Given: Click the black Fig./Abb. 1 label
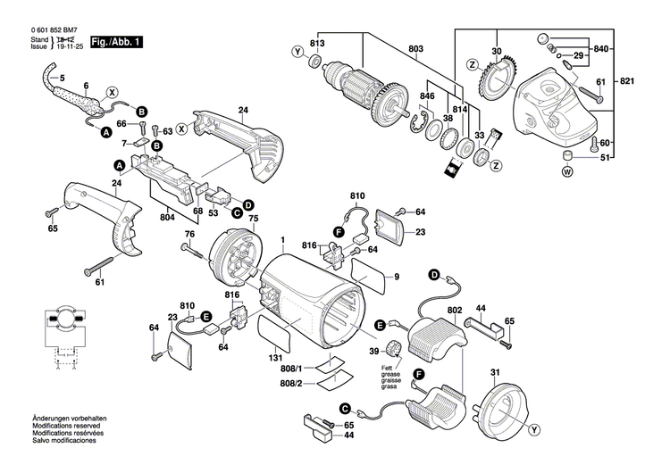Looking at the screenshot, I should coord(115,42).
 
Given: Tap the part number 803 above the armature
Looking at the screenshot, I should coord(416,49).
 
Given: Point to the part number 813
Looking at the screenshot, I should coord(317,43).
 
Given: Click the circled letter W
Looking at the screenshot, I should coord(566,174).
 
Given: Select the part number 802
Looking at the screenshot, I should coord(454,310).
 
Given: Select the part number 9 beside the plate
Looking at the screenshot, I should coord(397,278).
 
